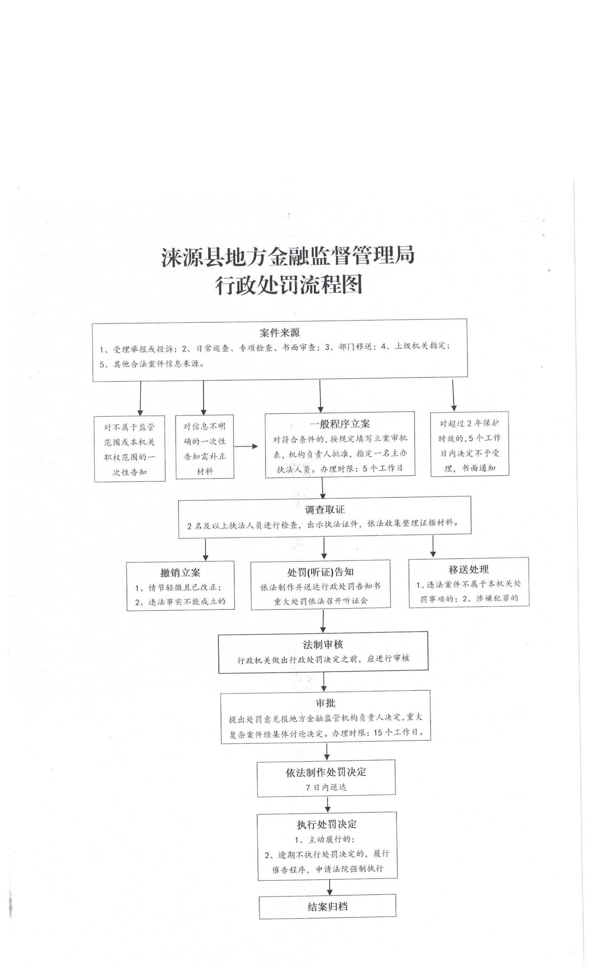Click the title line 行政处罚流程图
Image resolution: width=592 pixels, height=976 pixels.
click(288, 285)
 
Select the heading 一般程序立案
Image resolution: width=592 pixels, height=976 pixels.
click(340, 424)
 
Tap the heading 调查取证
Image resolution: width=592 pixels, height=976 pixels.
click(325, 509)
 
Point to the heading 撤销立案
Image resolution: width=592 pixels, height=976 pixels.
click(180, 573)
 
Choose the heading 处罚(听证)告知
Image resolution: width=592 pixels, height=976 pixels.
click(320, 572)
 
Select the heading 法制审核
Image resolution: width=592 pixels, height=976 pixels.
click(323, 645)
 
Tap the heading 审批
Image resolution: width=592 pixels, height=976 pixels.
click(325, 703)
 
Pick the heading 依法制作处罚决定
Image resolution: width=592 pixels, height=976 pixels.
click(326, 772)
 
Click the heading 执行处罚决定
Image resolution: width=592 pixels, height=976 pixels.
click(327, 824)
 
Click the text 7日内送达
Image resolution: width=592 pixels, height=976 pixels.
click(326, 787)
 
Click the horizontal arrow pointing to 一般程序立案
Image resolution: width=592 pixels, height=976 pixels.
click(246, 447)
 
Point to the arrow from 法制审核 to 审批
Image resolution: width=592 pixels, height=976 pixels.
click(324, 682)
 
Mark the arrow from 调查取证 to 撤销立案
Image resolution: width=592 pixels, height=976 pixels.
click(205, 550)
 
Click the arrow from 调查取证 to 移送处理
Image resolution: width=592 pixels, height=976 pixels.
click(433, 547)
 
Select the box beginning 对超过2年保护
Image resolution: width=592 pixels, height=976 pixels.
click(469, 444)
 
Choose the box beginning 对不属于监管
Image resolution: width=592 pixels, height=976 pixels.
click(130, 449)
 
